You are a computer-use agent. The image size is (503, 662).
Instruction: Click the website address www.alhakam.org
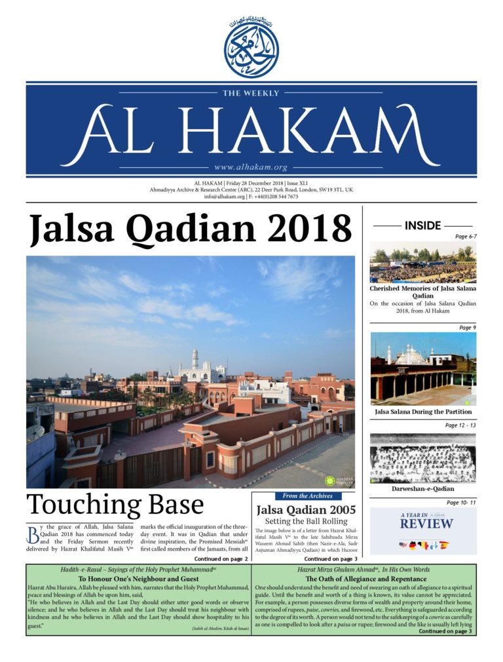click(x=251, y=167)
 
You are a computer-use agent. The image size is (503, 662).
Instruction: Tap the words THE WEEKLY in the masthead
click(x=251, y=94)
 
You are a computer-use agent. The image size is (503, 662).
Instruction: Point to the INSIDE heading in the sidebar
click(x=422, y=225)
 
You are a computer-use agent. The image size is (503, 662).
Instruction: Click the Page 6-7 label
click(x=466, y=237)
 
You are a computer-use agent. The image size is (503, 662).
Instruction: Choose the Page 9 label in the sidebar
click(x=468, y=327)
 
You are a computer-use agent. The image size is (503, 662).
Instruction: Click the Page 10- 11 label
click(x=461, y=503)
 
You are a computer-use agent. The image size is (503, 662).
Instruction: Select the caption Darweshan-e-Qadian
click(x=422, y=488)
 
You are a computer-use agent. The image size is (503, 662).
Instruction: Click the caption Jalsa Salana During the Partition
click(x=422, y=412)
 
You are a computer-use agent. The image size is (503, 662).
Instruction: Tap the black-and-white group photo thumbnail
click(x=422, y=458)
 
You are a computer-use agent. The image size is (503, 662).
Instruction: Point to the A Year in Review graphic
click(x=422, y=530)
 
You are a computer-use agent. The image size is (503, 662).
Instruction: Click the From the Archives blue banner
click(x=304, y=496)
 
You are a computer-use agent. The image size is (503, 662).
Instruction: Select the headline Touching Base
click(x=115, y=505)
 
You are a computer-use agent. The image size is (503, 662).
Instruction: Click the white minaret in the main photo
click(x=195, y=360)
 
